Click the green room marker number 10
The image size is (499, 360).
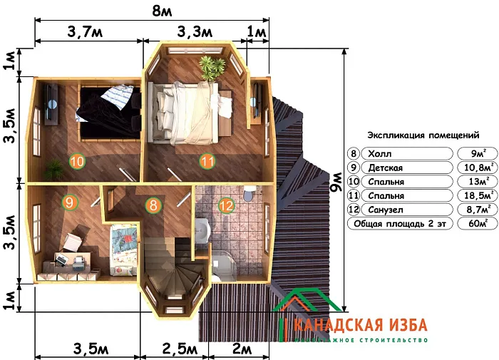(x=77, y=162)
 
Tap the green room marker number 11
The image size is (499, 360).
(x=207, y=162)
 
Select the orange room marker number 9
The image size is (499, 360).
(x=69, y=202)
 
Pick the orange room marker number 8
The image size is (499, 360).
(x=153, y=206)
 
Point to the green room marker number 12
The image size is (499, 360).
(x=225, y=206)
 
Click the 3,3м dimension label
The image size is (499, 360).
(x=194, y=32)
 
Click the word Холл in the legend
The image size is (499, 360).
(x=381, y=154)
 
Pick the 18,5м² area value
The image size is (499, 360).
(x=473, y=195)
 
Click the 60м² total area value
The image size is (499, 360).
(x=473, y=223)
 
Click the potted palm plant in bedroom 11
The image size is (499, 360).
(x=210, y=68)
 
